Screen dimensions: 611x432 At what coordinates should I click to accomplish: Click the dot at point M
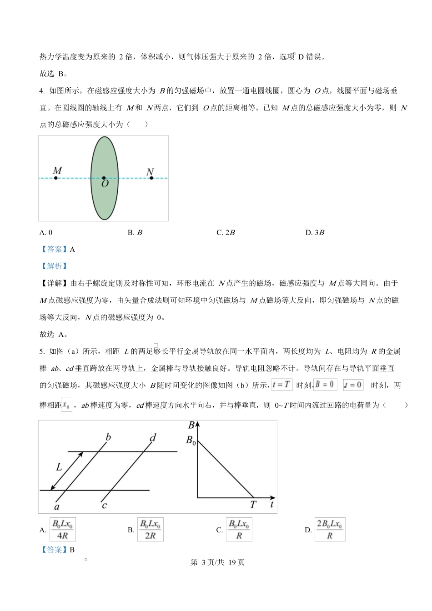[56, 178]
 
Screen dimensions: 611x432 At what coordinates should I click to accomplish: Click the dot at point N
[151, 178]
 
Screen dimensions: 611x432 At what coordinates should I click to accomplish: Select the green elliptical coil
[105, 155]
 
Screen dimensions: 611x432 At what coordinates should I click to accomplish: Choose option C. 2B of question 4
[226, 233]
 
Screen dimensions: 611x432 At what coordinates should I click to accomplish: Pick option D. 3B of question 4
[315, 233]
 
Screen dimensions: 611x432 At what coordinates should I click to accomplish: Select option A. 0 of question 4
[46, 233]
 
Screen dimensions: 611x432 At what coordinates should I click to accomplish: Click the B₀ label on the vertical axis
[191, 440]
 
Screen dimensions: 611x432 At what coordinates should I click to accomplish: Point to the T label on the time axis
[253, 505]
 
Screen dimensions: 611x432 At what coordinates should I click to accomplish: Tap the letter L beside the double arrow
[59, 466]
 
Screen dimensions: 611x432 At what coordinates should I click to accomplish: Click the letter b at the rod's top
[108, 437]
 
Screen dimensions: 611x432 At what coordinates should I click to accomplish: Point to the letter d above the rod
[153, 438]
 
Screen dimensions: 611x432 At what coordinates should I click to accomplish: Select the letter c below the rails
[104, 505]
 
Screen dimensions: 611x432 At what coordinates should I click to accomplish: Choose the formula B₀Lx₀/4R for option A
[63, 530]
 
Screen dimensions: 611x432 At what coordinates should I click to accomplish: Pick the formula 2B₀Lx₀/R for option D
[330, 530]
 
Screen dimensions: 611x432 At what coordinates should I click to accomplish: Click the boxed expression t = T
[281, 385]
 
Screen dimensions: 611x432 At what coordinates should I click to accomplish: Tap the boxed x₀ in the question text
[66, 404]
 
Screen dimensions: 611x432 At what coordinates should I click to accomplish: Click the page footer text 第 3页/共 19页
[217, 562]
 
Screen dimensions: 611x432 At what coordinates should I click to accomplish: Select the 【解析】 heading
[54, 266]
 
